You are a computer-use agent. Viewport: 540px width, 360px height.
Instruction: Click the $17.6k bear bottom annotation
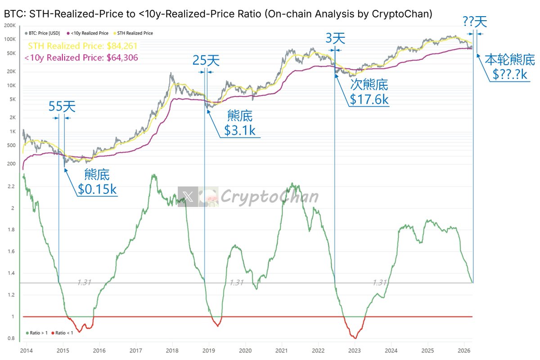369,99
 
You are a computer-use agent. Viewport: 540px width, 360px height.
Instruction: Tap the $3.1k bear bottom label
241,130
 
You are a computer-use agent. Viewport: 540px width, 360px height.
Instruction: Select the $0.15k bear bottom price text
97,189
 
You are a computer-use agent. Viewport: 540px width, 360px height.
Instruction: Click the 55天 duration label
62,107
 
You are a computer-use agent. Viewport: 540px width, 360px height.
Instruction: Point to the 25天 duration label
206,60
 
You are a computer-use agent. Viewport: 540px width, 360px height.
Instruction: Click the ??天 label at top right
475,21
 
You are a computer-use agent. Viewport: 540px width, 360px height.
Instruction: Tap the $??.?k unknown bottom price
510,74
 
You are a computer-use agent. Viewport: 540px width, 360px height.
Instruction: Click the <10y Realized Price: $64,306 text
81,57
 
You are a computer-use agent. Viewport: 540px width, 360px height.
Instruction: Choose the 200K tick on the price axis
9,25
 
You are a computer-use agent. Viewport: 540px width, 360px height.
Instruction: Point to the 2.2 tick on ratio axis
11,186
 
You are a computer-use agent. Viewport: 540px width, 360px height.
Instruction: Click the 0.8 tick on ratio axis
11,338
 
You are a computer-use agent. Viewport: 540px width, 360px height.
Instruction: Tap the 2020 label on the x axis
245,350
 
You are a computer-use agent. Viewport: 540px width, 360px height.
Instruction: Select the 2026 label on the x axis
463,350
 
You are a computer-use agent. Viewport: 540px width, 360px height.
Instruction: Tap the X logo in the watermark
188,197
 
